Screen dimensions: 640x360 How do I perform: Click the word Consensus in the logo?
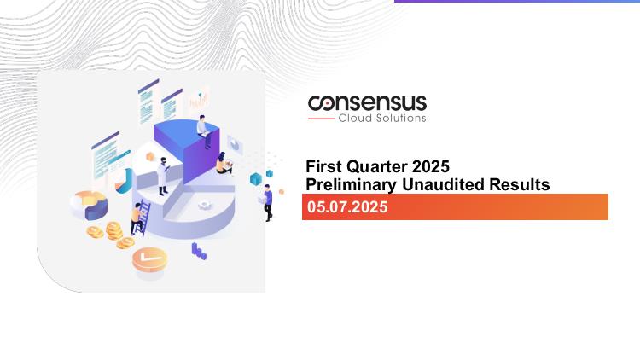pyautogui.click(x=367, y=103)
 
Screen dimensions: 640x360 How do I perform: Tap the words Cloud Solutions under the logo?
pyautogui.click(x=382, y=119)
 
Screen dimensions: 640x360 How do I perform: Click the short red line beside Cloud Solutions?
pyautogui.click(x=321, y=119)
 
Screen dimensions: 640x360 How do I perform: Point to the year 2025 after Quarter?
pyautogui.click(x=431, y=166)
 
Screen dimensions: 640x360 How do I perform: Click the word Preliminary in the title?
pyautogui.click(x=351, y=184)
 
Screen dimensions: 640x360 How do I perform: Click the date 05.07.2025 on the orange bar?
pyautogui.click(x=347, y=207)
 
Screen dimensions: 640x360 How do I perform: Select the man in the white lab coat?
pyautogui.click(x=163, y=176)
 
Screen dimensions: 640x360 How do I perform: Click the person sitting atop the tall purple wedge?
pyautogui.click(x=204, y=131)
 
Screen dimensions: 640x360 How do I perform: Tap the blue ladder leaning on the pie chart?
pyautogui.click(x=143, y=218)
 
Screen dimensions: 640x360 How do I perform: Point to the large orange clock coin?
pyautogui.click(x=149, y=259)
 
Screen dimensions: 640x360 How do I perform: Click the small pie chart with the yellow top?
pyautogui.click(x=89, y=205)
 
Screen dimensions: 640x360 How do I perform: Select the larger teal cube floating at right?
pyautogui.click(x=256, y=178)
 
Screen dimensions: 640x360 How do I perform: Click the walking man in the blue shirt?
pyautogui.click(x=267, y=202)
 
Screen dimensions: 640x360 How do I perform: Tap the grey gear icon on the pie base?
pyautogui.click(x=205, y=205)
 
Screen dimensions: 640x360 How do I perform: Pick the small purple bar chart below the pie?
pyautogui.click(x=199, y=251)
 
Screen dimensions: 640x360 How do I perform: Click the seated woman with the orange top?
pyautogui.click(x=224, y=163)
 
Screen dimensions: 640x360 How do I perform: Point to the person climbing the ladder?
pyautogui.click(x=136, y=218)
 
